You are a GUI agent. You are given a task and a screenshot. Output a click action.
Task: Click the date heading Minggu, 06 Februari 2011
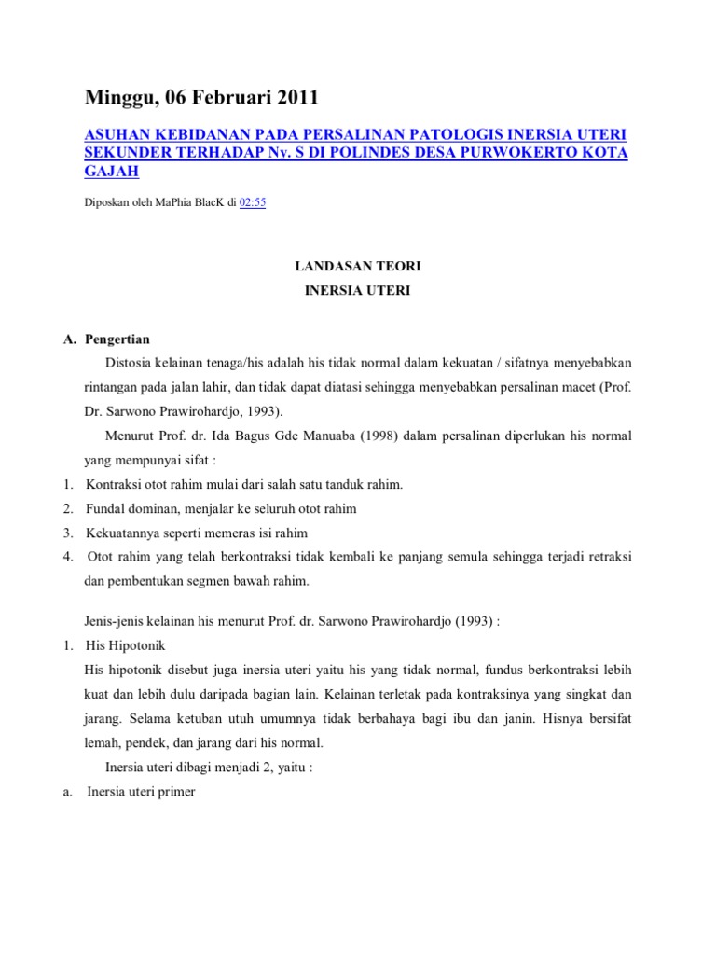pos(201,97)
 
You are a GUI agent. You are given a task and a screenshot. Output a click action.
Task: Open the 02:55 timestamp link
pos(253,201)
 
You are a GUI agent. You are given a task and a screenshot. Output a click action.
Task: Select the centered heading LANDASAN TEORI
pos(357,267)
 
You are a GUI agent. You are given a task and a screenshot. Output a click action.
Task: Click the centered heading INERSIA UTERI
pos(357,291)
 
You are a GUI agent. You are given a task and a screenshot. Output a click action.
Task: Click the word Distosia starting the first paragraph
pos(131,362)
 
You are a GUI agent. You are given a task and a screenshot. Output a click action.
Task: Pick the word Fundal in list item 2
pos(104,508)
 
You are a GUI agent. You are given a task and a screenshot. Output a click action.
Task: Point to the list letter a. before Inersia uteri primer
pos(69,792)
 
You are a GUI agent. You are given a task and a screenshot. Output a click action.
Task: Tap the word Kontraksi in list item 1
pos(115,484)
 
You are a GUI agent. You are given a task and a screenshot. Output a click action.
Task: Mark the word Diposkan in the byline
pos(109,201)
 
